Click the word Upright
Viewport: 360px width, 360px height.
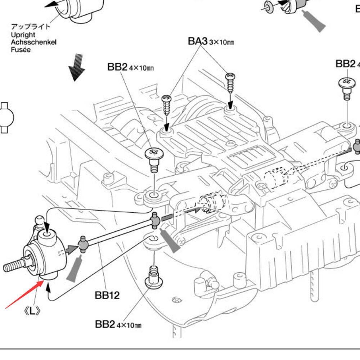(x=23, y=35)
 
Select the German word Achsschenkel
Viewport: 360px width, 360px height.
(x=33, y=42)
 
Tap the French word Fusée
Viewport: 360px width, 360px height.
(x=21, y=50)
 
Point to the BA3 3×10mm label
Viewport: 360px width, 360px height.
(x=211, y=41)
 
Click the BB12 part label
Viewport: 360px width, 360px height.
(x=107, y=296)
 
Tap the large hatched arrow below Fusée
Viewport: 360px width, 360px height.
(x=77, y=67)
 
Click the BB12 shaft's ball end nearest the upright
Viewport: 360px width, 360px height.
(x=84, y=244)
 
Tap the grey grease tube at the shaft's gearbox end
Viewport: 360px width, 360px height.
(x=169, y=240)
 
